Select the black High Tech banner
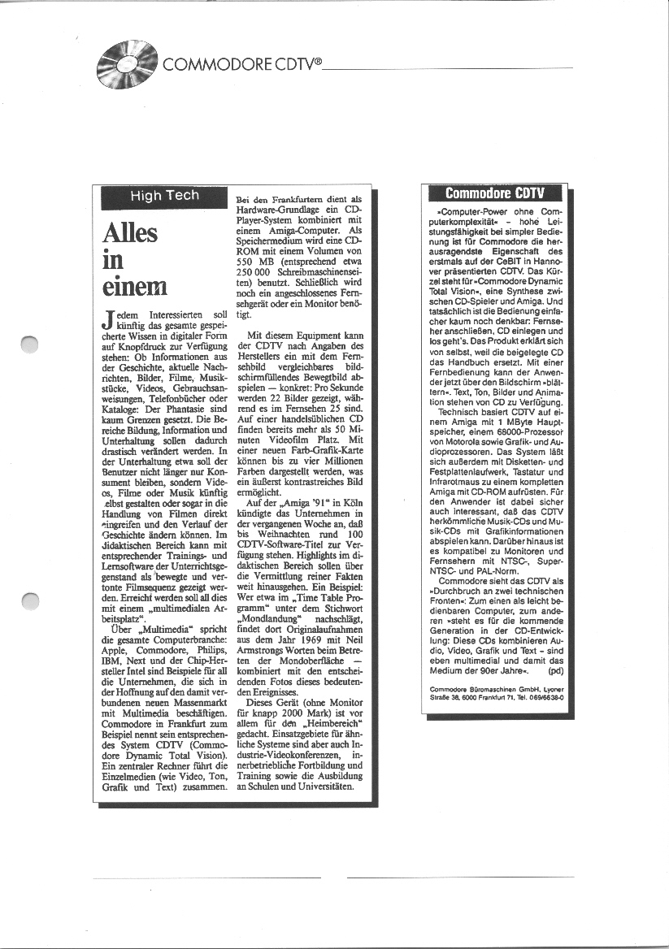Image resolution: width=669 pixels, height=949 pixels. pos(164,196)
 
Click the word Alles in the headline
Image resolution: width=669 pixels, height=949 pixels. pos(130,234)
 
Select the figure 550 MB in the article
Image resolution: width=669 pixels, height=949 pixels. pos(251,262)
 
